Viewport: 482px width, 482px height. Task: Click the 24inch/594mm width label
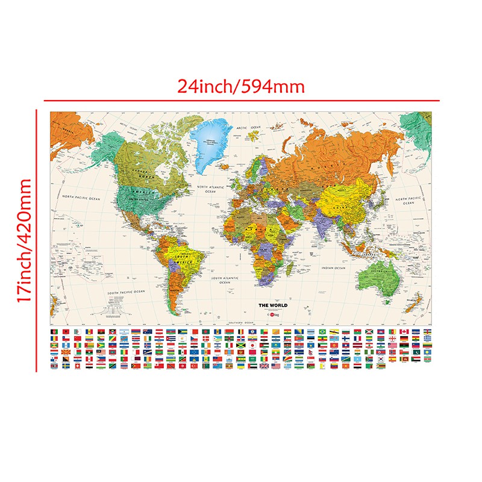point(241,87)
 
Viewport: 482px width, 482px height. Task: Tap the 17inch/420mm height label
point(24,240)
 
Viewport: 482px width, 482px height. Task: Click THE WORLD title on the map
point(273,306)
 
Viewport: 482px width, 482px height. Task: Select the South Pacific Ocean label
point(127,292)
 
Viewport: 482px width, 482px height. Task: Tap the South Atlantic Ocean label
point(221,280)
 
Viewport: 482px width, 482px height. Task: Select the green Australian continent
point(377,277)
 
